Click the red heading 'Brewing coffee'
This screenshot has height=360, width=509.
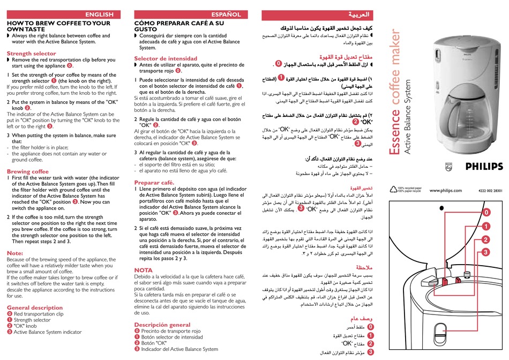(27, 171)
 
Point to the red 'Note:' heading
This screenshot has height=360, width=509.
(15, 253)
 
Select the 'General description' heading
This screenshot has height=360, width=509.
(35, 307)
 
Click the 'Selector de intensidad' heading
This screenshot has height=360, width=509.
(166, 58)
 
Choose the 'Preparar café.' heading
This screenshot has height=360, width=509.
(154, 183)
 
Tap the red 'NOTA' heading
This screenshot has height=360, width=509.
(143, 270)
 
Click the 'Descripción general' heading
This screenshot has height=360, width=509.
(162, 325)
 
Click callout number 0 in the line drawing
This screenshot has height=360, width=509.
(485, 213)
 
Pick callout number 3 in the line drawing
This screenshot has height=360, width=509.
(485, 252)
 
